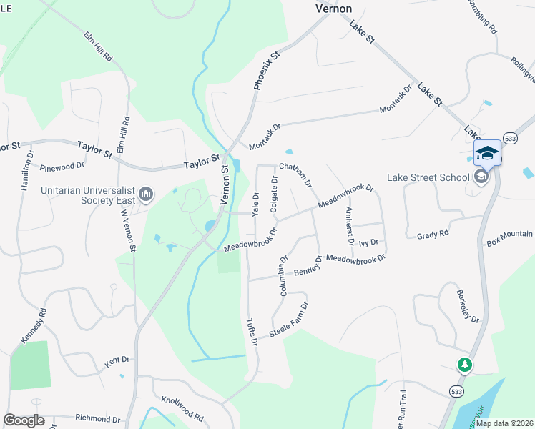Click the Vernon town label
pyautogui.click(x=334, y=9)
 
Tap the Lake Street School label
pyautogui.click(x=429, y=178)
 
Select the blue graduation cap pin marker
pyautogui.click(x=487, y=152)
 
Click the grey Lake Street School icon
pyautogui.click(x=481, y=177)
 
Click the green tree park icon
pyautogui.click(x=465, y=365)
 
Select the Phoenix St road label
pyautogui.click(x=265, y=64)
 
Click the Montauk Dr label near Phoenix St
pyautogui.click(x=265, y=137)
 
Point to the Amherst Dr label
pyautogui.click(x=349, y=226)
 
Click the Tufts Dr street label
pyautogui.click(x=251, y=332)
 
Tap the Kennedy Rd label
pyautogui.click(x=34, y=325)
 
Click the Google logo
pyautogui.click(x=24, y=420)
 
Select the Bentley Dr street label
pyautogui.click(x=308, y=268)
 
